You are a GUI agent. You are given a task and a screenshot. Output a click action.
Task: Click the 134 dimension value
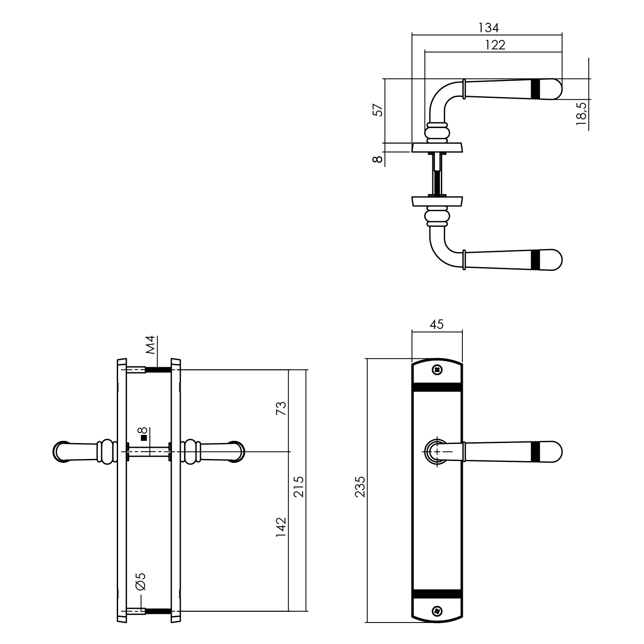489,28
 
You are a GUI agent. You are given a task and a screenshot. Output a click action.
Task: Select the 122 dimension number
495,45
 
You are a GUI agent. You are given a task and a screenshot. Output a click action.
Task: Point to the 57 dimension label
378,110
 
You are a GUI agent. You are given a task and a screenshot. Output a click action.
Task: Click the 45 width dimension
436,325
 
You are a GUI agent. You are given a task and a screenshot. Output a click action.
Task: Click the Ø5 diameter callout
140,581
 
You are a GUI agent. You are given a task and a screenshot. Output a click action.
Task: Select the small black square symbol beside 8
144,438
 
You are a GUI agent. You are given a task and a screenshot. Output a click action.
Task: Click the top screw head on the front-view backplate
437,369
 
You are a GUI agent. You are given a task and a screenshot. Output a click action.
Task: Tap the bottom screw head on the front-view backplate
437,610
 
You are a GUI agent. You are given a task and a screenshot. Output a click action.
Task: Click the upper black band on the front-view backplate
437,386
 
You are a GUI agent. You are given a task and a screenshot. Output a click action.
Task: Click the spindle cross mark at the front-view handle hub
437,452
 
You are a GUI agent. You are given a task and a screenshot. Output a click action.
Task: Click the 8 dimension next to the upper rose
378,159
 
